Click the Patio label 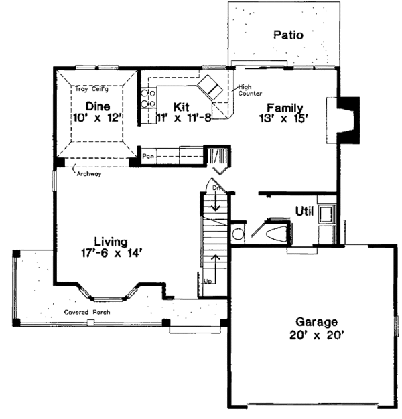tap(289, 35)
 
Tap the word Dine tap(98, 106)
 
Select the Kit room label tap(181, 106)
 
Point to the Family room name tap(285, 107)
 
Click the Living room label tap(110, 241)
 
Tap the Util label tap(306, 212)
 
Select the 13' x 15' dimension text tap(285, 118)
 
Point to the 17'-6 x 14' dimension tap(110, 253)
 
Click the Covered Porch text tap(88, 313)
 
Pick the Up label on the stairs tap(208, 280)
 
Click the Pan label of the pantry tap(148, 156)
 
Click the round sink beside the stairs tap(238, 235)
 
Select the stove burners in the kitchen tap(149, 99)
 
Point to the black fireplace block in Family tap(347, 120)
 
